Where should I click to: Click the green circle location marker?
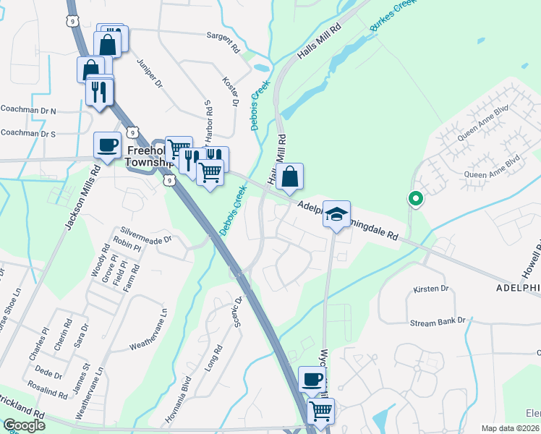pyautogui.click(x=415, y=197)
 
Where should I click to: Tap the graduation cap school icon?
pyautogui.click(x=336, y=213)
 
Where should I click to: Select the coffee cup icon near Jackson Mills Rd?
pyautogui.click(x=107, y=145)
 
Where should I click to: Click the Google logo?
pyautogui.click(x=25, y=425)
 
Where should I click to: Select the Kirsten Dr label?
pyautogui.click(x=431, y=289)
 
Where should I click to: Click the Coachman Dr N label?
pyautogui.click(x=28, y=111)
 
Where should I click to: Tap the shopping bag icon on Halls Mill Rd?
pyautogui.click(x=289, y=176)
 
